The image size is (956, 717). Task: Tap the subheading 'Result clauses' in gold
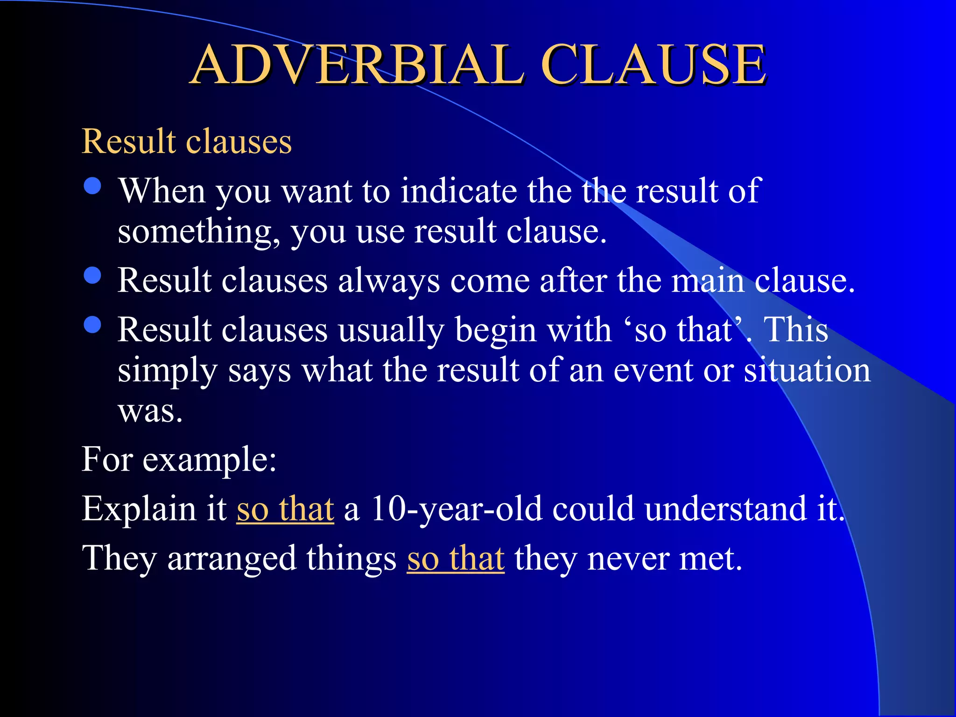tap(187, 141)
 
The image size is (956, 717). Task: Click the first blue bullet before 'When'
tap(93, 186)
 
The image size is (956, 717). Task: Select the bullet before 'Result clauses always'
tap(93, 275)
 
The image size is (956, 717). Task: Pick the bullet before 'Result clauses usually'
tap(93, 324)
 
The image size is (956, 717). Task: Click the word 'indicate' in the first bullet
tap(458, 191)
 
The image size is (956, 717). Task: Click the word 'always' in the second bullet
tap(389, 281)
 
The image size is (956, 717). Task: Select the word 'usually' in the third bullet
tap(391, 330)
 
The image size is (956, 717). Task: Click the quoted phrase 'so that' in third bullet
tap(684, 330)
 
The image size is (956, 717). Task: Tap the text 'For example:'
tap(179, 460)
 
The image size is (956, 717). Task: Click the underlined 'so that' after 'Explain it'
tap(285, 509)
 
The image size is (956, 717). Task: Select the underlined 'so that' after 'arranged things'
tap(456, 558)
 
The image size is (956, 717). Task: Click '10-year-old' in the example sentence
tap(457, 509)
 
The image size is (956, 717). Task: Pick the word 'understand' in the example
tap(725, 509)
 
